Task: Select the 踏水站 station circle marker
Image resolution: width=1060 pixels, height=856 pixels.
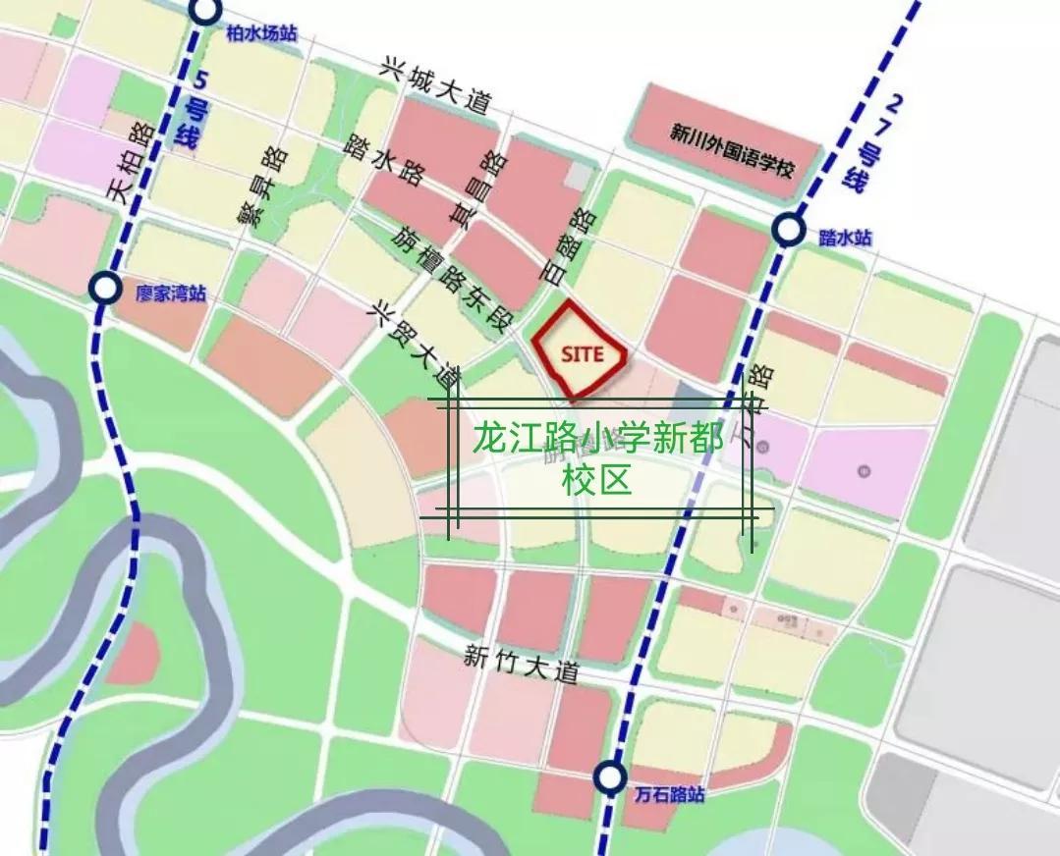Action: pos(787,230)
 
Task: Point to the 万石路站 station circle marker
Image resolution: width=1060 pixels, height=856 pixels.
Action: pos(610,777)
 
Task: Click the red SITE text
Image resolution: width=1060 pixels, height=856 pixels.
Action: pos(581,353)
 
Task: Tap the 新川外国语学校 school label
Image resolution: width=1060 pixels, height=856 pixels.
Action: pos(731,135)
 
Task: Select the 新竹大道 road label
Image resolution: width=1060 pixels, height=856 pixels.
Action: pos(523,667)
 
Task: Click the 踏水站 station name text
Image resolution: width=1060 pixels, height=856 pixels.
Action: pos(844,238)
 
